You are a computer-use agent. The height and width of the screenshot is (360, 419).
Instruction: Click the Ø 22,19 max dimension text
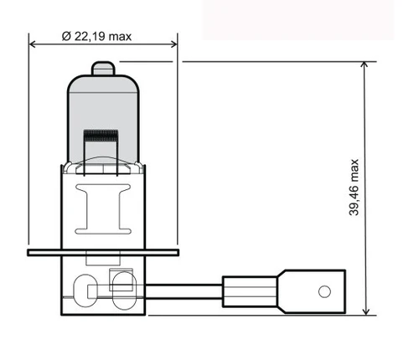click(96, 37)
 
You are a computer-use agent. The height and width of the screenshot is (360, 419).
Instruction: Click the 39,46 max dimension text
click(354, 188)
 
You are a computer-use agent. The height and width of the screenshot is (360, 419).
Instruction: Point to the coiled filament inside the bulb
click(101, 135)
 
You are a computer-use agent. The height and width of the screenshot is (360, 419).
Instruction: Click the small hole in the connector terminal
click(324, 291)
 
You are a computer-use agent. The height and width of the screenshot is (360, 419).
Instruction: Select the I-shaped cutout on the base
click(103, 209)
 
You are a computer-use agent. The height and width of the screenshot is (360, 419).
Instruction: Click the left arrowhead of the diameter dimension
click(33, 44)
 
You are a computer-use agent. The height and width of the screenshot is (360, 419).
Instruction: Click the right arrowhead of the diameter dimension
click(173, 44)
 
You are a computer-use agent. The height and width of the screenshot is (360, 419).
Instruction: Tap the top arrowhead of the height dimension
click(365, 65)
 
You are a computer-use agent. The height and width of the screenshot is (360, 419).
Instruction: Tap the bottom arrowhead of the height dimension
click(365, 311)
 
